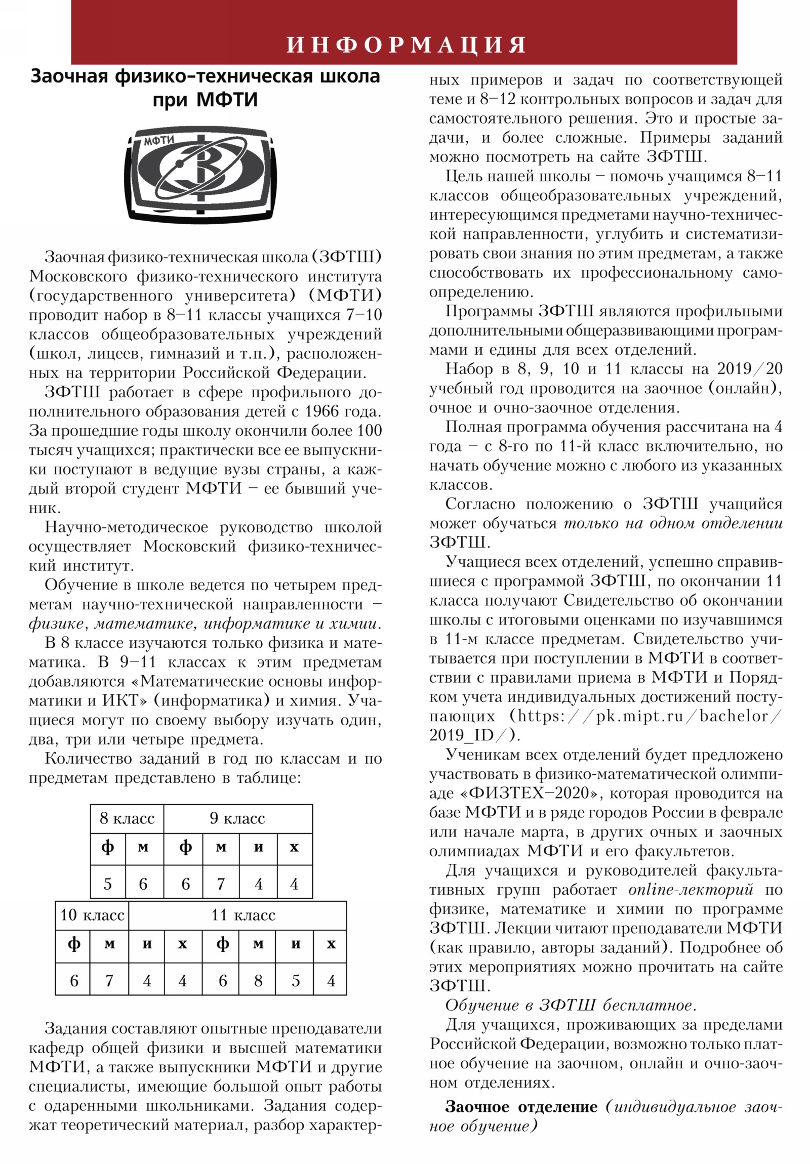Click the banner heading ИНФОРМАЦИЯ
coord(407,45)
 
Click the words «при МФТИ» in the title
coord(205,100)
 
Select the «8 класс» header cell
coord(127,818)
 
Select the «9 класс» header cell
coord(237,818)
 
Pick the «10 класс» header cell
coord(92,915)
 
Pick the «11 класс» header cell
coord(243,915)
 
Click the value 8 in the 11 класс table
coord(258,980)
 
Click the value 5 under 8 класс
coord(107,884)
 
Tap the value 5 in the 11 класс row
coord(295,980)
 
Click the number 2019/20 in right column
coord(749,369)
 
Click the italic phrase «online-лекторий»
coord(691,890)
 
